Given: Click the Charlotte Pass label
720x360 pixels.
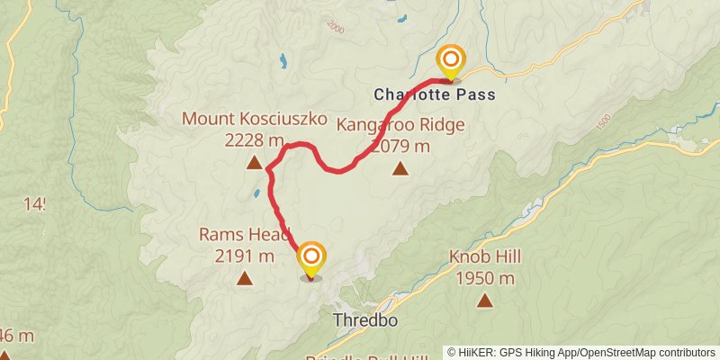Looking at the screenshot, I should coord(435,94).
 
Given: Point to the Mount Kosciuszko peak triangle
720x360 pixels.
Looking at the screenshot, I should coord(254,163).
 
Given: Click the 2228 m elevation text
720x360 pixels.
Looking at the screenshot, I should coord(254,141).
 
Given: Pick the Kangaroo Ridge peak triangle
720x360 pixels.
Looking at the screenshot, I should coord(400,167).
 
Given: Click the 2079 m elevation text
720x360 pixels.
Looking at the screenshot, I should coord(400,146).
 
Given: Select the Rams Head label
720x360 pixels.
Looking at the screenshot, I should coord(244,235).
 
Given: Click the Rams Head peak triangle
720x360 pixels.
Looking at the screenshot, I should coord(244,279).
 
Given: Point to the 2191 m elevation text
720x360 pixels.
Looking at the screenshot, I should coord(244,256).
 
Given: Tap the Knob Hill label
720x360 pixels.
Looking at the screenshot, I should coord(485,257).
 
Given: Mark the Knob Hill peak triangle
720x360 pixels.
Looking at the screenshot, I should coord(485,301).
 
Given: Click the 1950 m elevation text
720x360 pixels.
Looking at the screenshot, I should coord(485,279).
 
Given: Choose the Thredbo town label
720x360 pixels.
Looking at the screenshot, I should coord(364,320).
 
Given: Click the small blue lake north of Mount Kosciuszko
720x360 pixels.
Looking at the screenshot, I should coord(283,61).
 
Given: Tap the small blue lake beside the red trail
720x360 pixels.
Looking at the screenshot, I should coord(257,193).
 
